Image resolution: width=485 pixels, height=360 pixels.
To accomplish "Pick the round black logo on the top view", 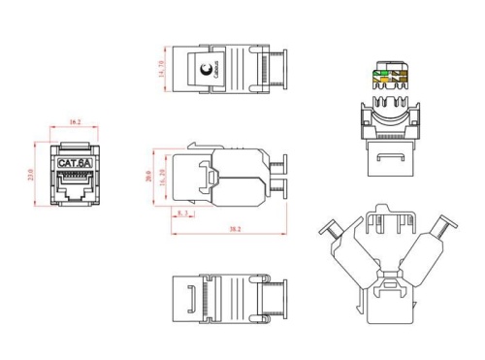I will click(x=206, y=69).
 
